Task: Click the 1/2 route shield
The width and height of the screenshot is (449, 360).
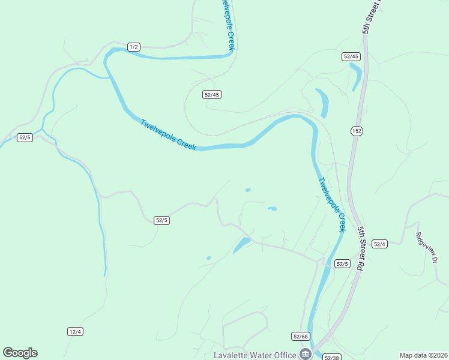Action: [134, 47]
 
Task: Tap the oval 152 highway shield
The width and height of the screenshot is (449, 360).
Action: [357, 131]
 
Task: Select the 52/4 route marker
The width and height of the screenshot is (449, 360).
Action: [379, 244]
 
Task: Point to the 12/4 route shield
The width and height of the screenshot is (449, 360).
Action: [75, 331]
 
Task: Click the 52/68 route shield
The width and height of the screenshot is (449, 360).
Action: [301, 336]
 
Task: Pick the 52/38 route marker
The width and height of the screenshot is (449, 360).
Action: [331, 357]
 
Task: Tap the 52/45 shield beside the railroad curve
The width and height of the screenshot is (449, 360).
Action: [212, 94]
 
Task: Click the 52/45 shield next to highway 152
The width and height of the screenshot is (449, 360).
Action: [351, 56]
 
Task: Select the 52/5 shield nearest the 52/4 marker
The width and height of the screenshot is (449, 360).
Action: [342, 263]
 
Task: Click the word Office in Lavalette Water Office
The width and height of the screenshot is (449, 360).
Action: [286, 355]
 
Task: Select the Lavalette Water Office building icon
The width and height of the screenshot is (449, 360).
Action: [306, 354]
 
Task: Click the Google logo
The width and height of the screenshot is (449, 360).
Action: [20, 353]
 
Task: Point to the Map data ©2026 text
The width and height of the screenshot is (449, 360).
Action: [423, 355]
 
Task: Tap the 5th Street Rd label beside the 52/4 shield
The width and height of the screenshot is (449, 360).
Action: [362, 248]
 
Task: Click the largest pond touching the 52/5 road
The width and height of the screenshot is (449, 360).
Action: [242, 245]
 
